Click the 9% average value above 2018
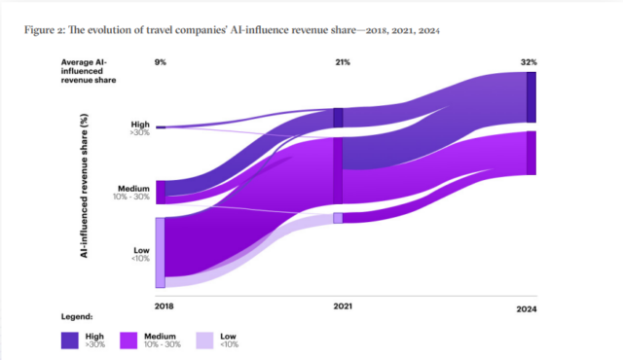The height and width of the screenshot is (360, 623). click(161, 63)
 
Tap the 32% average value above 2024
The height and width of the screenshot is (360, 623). click(530, 63)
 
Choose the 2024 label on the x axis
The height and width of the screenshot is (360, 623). click(527, 308)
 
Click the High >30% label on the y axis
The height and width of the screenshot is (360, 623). click(139, 128)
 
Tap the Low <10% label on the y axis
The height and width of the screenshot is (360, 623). click(140, 254)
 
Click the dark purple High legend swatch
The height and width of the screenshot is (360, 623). click(71, 340)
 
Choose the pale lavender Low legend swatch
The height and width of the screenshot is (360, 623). click(205, 340)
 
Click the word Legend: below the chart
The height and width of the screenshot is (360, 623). click(78, 317)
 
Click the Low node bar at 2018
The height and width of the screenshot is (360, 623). click(160, 252)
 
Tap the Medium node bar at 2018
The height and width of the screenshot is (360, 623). click(160, 192)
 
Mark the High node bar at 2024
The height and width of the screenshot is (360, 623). click(531, 97)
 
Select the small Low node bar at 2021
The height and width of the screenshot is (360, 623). click(338, 218)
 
